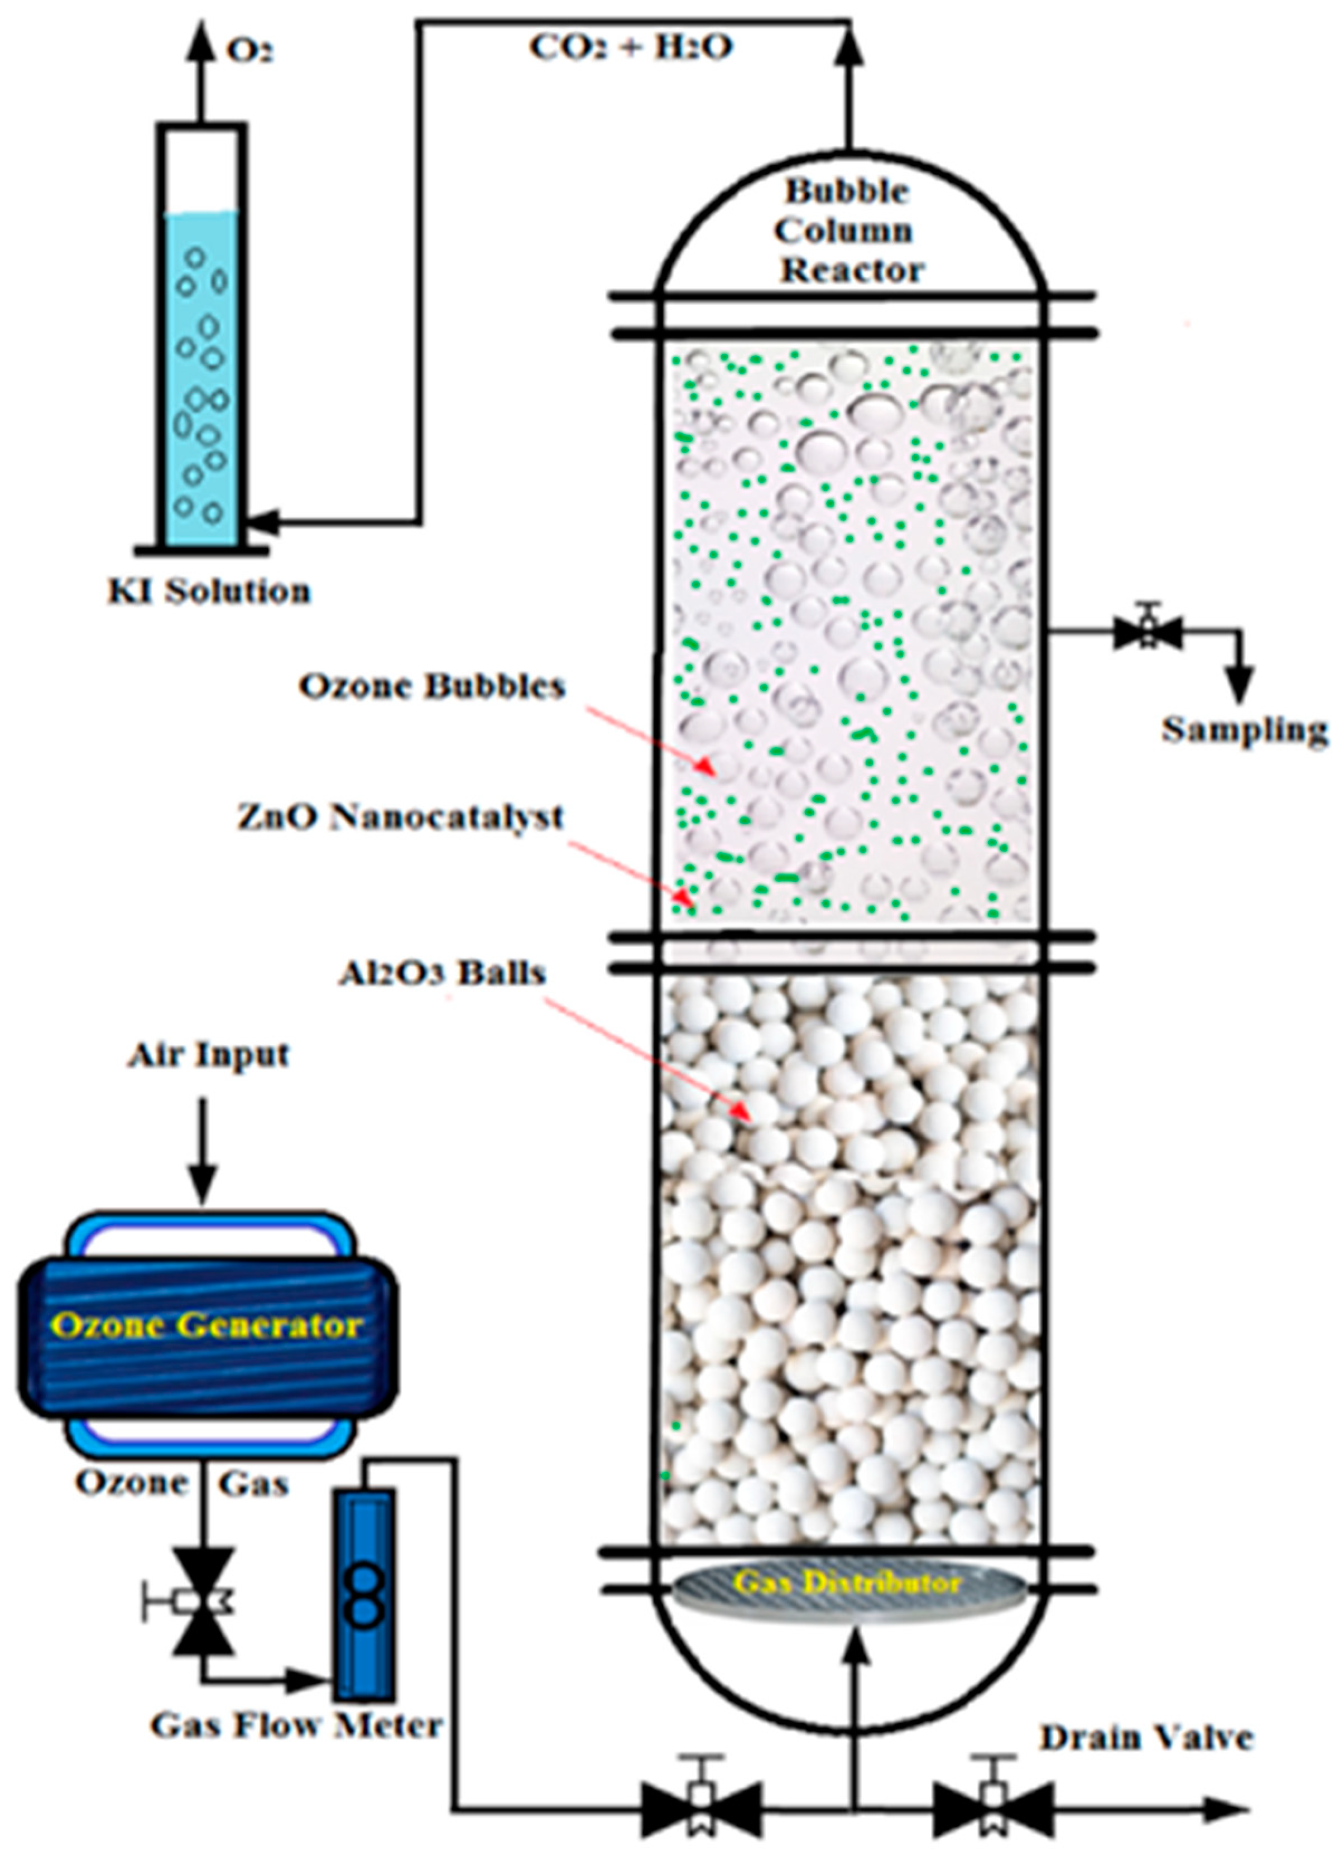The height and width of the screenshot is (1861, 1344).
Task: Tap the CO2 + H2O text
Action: click(630, 47)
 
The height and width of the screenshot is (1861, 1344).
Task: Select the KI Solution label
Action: click(210, 591)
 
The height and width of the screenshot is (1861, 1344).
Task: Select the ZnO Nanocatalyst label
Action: click(401, 816)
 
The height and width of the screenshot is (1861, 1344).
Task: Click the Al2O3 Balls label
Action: click(442, 972)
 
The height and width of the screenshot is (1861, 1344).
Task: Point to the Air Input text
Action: click(208, 1055)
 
